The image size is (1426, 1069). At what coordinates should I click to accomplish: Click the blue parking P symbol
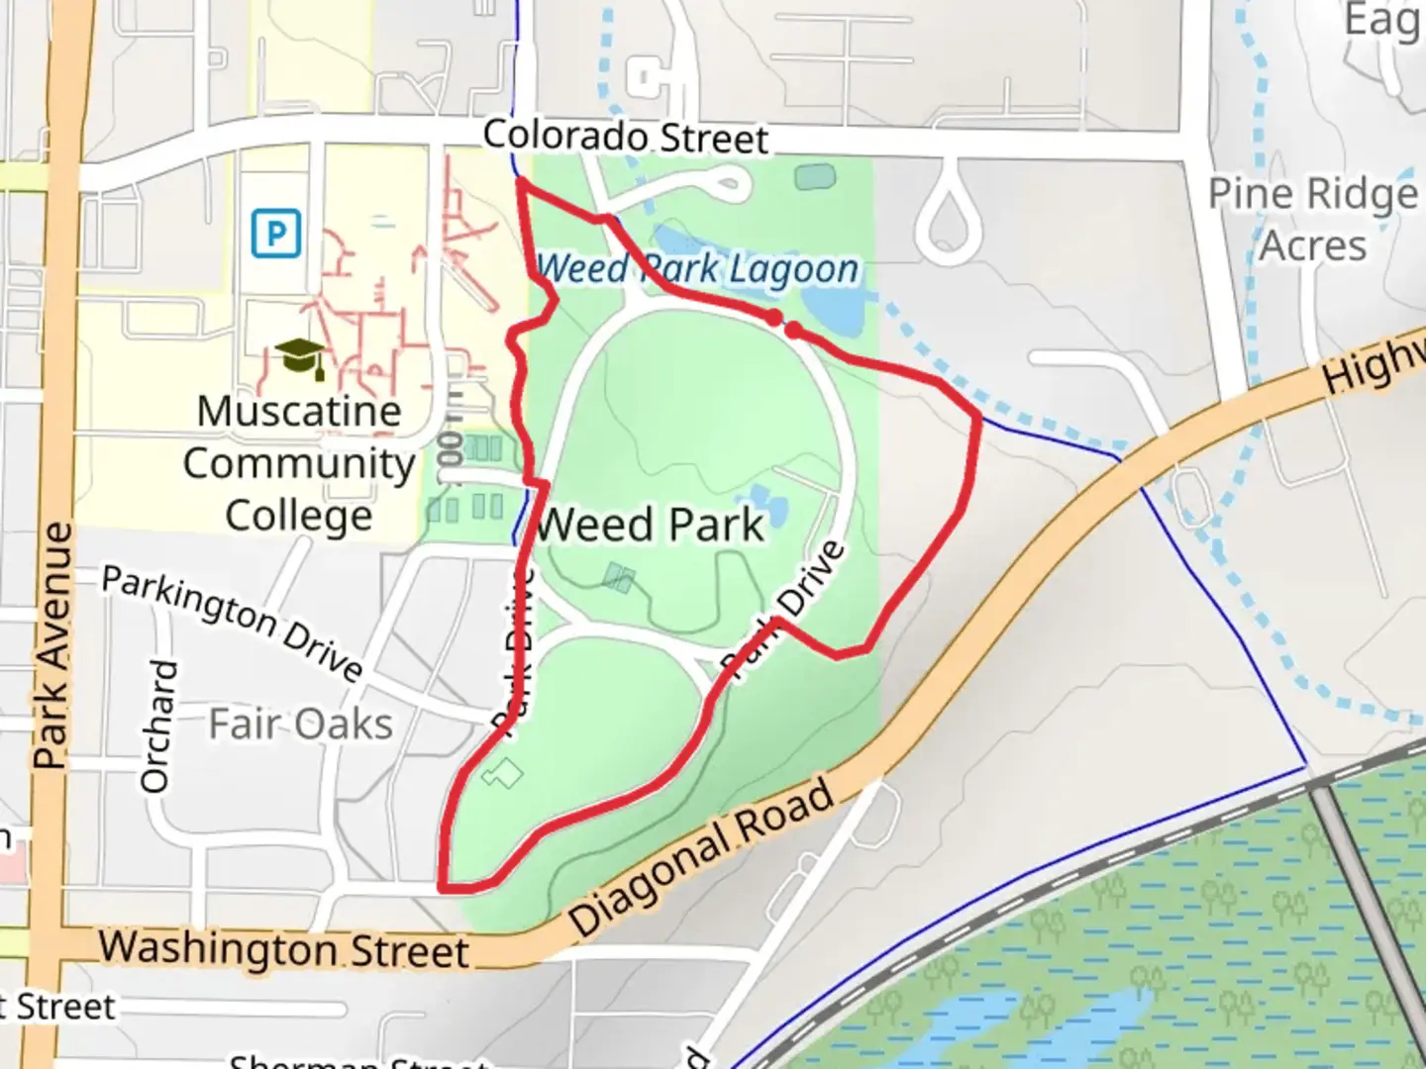pos(275,234)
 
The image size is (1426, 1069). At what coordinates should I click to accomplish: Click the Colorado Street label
pos(625,137)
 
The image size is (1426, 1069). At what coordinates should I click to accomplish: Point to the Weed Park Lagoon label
pos(697,268)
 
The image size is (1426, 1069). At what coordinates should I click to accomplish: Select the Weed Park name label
pos(650,525)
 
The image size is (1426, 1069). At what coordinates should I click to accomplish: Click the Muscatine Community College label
pos(298,463)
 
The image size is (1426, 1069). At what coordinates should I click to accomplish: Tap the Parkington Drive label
pos(234,623)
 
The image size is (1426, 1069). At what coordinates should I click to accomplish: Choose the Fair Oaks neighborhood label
pos(300,724)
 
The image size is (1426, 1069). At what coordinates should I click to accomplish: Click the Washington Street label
pos(283,949)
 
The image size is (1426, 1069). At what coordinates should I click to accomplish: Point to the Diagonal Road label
pos(702,858)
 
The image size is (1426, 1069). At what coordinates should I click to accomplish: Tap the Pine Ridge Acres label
pos(1313,220)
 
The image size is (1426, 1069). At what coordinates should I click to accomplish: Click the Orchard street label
pos(158,727)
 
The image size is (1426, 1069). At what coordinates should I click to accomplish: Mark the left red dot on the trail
pos(773,318)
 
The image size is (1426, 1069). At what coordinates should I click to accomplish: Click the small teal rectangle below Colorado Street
pos(814,178)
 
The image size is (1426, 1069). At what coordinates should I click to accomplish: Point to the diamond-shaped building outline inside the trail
pos(502,773)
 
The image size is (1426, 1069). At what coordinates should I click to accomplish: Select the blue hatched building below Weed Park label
pos(619,577)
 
